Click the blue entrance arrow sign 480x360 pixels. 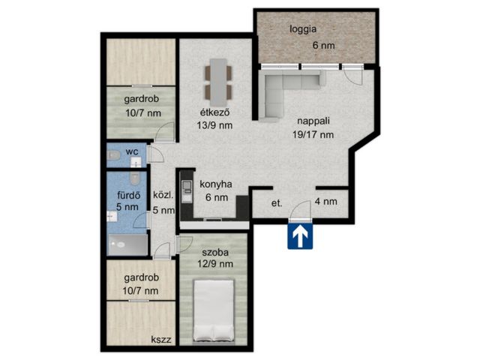(x=300, y=236)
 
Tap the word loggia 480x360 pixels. (x=303, y=30)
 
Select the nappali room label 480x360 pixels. (x=313, y=121)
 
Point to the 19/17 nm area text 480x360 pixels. (x=313, y=134)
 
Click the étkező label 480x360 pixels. (x=214, y=112)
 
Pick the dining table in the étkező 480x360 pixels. (x=218, y=82)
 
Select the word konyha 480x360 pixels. (x=216, y=184)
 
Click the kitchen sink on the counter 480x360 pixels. (x=187, y=186)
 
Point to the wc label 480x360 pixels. (x=132, y=151)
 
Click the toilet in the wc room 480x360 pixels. (x=113, y=155)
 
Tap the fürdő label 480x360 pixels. (x=128, y=195)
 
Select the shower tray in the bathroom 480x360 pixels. (x=128, y=244)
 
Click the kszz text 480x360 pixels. (x=161, y=340)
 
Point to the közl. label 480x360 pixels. (x=163, y=195)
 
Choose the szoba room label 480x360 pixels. (x=215, y=253)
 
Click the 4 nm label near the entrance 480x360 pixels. (x=326, y=202)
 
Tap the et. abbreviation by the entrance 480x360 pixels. (x=277, y=203)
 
